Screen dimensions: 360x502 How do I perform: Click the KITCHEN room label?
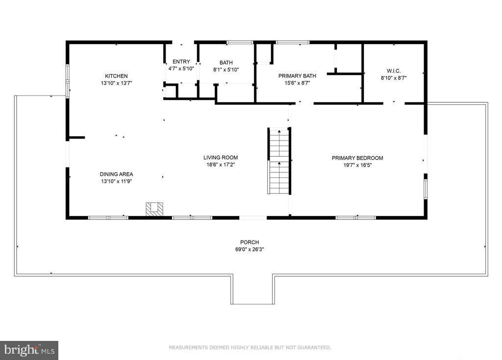116,76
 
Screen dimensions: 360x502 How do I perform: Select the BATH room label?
226,63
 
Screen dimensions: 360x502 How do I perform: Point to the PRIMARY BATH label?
297,76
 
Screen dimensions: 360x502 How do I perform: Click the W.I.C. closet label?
394,71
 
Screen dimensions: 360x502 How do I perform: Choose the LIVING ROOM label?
221,158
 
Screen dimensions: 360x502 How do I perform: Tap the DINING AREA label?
116,174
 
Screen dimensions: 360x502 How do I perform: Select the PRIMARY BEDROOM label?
357,158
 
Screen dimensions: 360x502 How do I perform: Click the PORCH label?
249,242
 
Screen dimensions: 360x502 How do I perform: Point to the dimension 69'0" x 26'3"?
249,249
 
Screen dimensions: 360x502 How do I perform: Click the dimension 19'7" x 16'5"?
357,165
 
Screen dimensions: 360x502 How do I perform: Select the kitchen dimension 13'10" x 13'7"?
116,83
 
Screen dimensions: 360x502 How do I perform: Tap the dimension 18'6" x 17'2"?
221,165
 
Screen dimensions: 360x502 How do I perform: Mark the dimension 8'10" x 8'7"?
394,78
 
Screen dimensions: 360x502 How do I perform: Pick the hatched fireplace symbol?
154,209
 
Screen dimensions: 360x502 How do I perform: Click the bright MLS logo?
29,350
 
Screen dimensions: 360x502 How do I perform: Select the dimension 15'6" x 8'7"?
297,83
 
